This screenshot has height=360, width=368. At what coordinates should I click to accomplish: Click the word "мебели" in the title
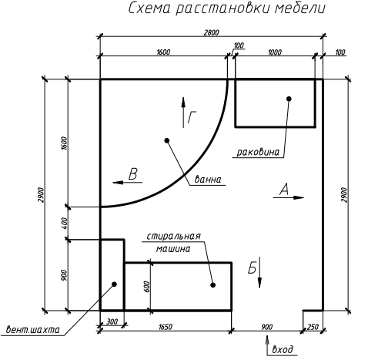[299, 8]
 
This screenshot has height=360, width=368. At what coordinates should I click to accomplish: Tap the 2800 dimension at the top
[212, 32]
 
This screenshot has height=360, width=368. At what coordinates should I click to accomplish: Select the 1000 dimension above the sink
[275, 52]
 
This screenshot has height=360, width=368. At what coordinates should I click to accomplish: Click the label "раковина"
[258, 152]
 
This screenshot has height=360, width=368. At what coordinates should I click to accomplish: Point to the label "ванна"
[208, 179]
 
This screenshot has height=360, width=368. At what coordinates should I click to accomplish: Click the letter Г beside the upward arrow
[192, 117]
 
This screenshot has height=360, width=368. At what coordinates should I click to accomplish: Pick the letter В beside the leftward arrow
[133, 174]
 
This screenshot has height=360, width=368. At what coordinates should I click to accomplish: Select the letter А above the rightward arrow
[284, 190]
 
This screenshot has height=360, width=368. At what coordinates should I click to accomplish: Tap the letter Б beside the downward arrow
[252, 268]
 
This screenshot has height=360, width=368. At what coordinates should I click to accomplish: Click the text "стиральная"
[173, 236]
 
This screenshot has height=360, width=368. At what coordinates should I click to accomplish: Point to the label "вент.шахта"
[32, 330]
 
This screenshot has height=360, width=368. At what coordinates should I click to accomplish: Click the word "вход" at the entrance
[283, 349]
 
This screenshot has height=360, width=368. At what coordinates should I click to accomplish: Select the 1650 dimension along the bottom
[166, 327]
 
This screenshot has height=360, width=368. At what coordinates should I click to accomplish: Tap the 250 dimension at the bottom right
[313, 327]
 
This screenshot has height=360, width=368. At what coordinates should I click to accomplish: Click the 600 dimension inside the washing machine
[147, 286]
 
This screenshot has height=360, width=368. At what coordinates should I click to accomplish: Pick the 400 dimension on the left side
[65, 224]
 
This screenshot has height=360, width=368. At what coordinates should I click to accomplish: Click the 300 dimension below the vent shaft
[112, 321]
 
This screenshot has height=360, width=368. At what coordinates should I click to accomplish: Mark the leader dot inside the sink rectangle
[289, 99]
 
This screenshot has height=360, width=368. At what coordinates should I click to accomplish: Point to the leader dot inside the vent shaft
[115, 284]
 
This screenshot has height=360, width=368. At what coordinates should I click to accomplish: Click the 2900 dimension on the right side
[344, 195]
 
